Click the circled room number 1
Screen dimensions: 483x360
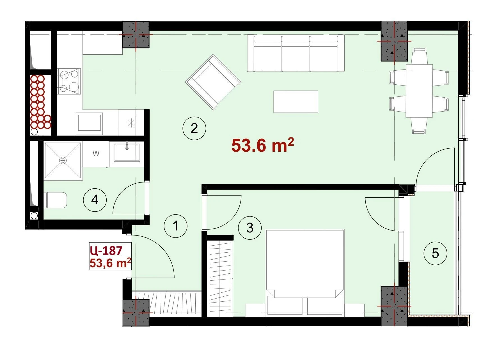pyautogui.click(x=176, y=226)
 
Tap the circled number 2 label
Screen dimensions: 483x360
pyautogui.click(x=194, y=129)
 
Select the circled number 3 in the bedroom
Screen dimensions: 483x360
pyautogui.click(x=250, y=228)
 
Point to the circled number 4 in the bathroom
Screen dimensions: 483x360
pyautogui.click(x=95, y=200)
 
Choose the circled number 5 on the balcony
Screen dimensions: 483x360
pyautogui.click(x=435, y=253)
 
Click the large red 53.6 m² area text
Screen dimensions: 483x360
pyautogui.click(x=263, y=145)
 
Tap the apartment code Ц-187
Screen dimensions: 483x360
pyautogui.click(x=106, y=250)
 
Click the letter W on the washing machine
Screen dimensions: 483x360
pyautogui.click(x=96, y=154)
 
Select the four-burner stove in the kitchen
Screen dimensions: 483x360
pyautogui.click(x=69, y=82)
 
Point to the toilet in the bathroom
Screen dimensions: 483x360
pyautogui.click(x=56, y=200)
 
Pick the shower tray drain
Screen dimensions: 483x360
pyautogui.click(x=63, y=160)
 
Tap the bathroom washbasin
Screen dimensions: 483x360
pyautogui.click(x=127, y=153)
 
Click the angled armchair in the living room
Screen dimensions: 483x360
pyautogui.click(x=213, y=82)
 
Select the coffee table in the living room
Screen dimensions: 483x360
pyautogui.click(x=296, y=102)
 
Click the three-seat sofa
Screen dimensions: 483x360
pyautogui.click(x=296, y=53)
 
